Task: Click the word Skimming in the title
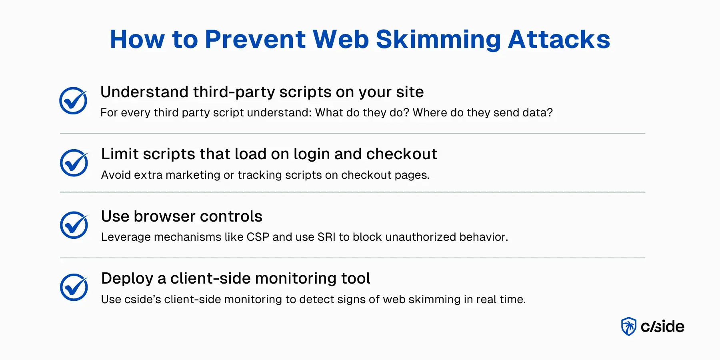tap(438, 40)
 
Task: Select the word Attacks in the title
tap(559, 40)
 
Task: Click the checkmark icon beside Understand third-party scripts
tap(73, 101)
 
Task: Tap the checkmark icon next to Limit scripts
tap(74, 163)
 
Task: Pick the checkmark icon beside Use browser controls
tap(74, 225)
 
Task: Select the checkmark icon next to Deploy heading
tap(74, 287)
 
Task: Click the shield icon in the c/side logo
tap(628, 326)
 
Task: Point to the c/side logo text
tap(662, 327)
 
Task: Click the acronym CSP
tap(258, 237)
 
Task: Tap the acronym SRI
tap(326, 237)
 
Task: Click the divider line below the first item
tap(352, 133)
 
